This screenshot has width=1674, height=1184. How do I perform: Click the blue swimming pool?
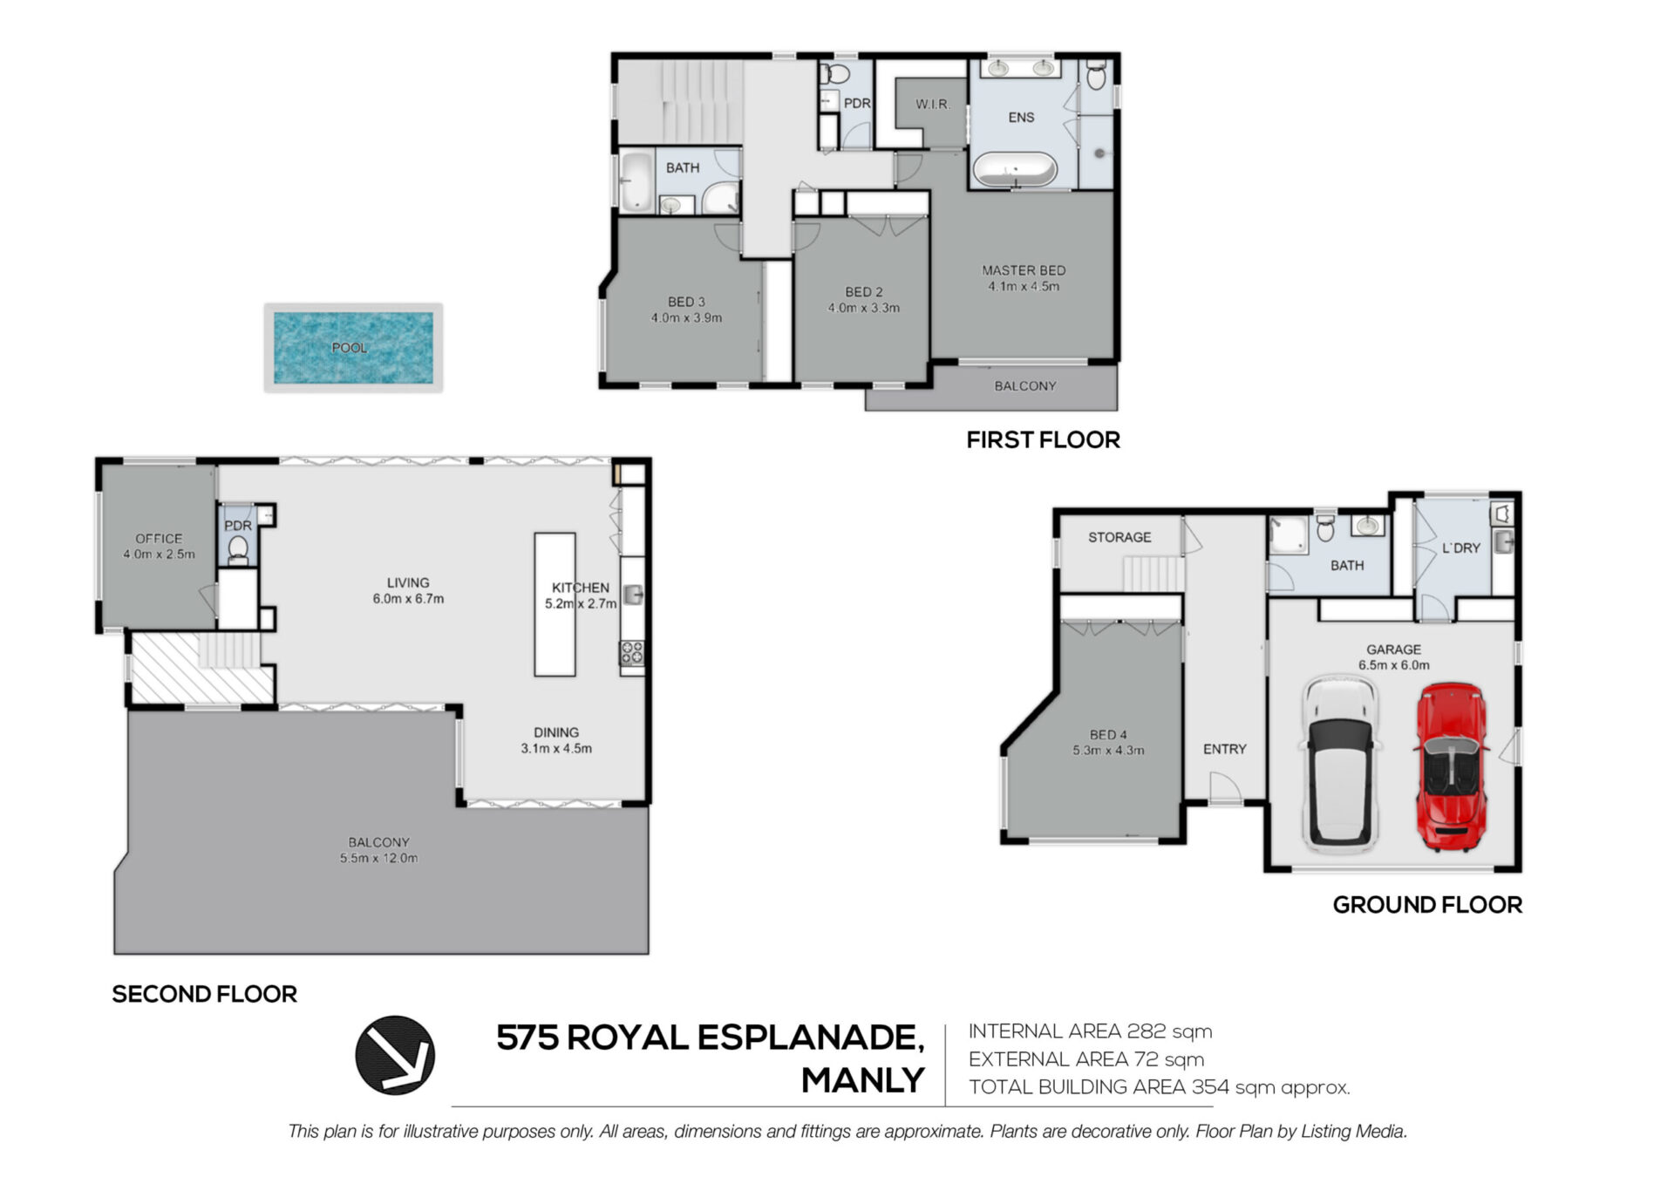353,348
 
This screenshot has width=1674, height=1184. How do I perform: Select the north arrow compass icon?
395,1055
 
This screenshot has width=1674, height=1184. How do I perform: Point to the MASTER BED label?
1024,270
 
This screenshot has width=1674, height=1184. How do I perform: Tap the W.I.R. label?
933,105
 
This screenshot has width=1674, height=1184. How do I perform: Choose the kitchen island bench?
555,604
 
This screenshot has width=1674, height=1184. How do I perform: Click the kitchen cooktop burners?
632,653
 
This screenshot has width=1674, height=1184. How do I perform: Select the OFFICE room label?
159,539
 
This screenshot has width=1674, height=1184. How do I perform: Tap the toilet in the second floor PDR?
237,549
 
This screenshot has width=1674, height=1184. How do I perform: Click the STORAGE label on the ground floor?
1119,537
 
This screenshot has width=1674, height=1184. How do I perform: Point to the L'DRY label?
1461,548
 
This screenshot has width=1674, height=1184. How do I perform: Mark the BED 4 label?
1108,735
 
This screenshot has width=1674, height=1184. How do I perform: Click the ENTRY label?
1225,749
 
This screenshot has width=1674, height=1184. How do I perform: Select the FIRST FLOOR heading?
1044,440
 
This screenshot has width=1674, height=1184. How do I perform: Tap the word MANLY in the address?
863,1081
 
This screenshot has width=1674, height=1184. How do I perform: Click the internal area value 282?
1147,1031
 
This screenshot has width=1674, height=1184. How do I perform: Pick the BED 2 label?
864,292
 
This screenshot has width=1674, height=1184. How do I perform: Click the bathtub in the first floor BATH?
636,181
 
